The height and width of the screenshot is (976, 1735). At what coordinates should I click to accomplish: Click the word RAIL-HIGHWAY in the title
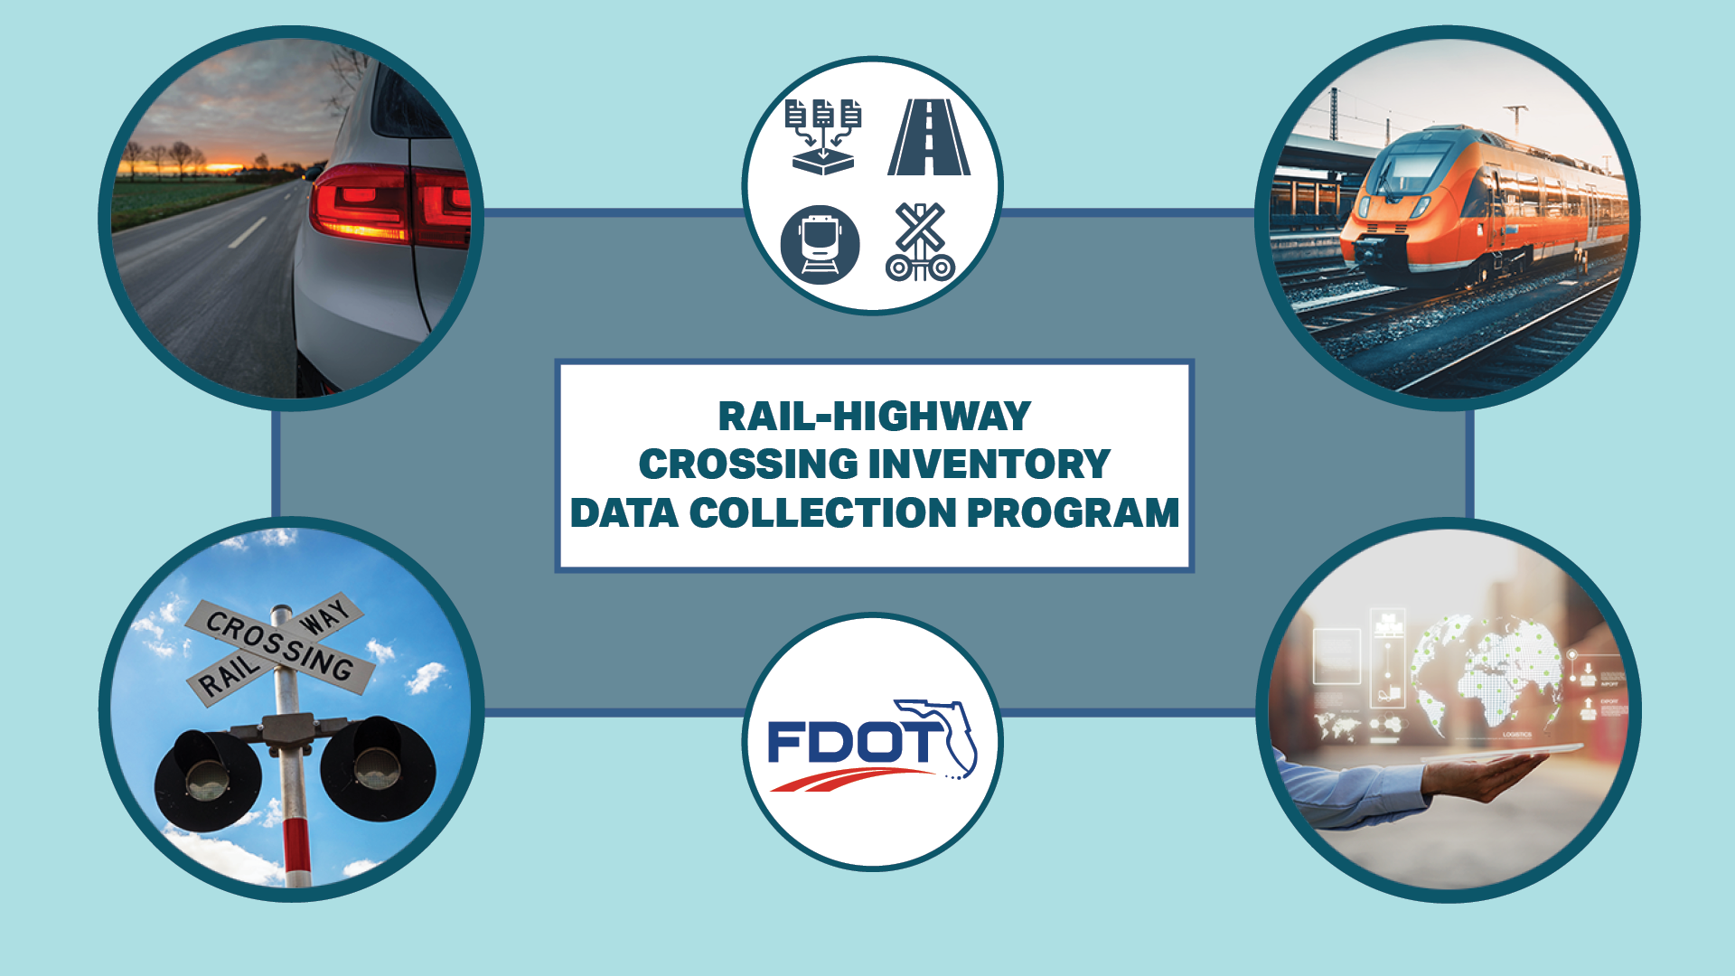[x=874, y=417]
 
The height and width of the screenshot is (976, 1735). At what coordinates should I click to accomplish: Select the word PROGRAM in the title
[x=1073, y=513]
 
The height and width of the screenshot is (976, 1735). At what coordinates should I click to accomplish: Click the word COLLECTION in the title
[x=822, y=513]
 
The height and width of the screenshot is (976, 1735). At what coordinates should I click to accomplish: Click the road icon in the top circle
[x=929, y=137]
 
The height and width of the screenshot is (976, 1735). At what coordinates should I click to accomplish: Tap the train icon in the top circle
[x=820, y=245]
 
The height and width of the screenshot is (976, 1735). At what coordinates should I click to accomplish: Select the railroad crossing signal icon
[x=920, y=242]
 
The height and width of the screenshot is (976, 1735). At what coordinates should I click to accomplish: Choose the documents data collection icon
[x=823, y=136]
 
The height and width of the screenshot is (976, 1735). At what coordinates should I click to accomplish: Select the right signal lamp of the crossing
[x=378, y=768]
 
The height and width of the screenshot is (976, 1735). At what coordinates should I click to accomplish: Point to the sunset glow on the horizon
[x=217, y=167]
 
